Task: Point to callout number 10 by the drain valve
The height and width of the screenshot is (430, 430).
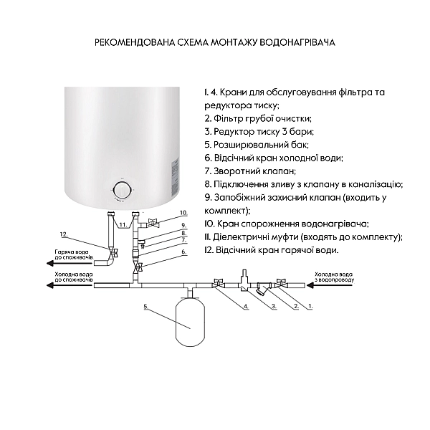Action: pyautogui.click(x=183, y=213)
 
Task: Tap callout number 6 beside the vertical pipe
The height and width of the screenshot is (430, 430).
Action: pyautogui.click(x=183, y=252)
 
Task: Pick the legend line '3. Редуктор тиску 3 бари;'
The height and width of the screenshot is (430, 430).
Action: pyautogui.click(x=259, y=132)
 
